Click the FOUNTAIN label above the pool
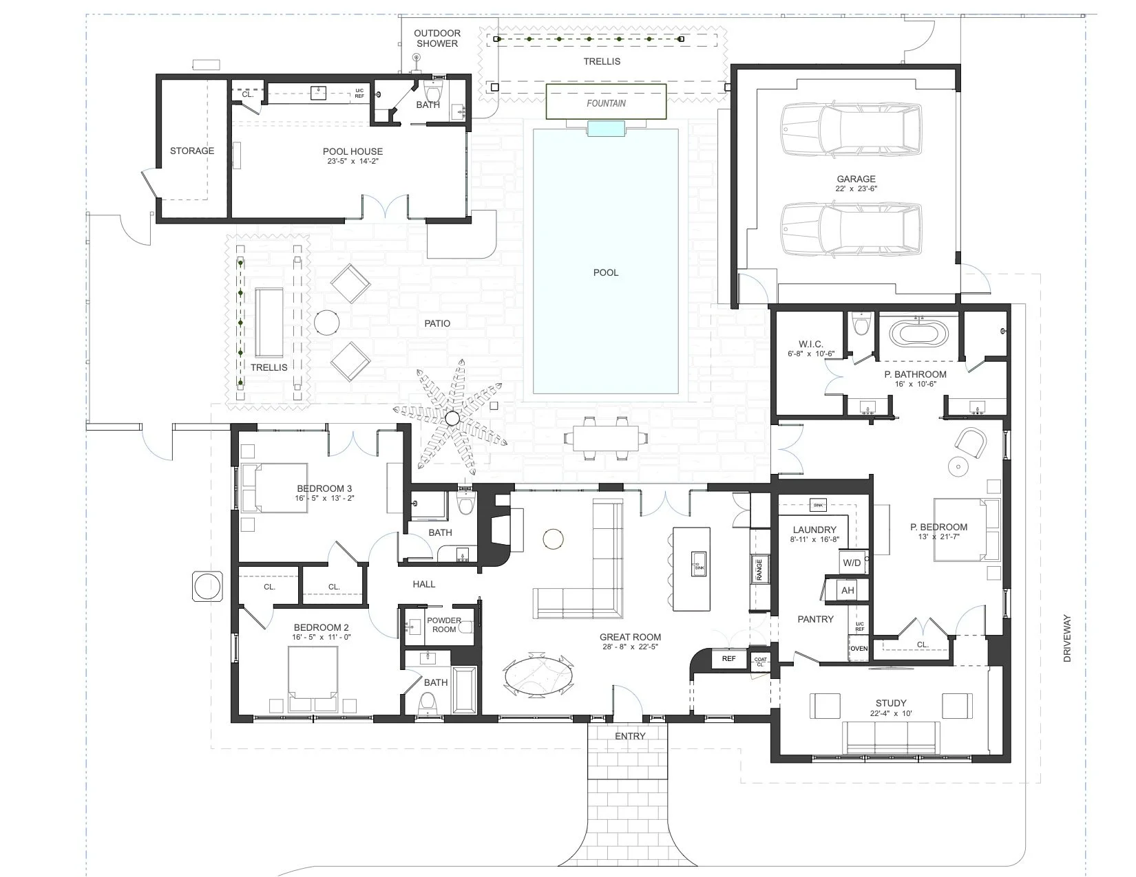point(606,103)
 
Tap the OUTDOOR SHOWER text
point(436,38)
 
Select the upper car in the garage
point(851,130)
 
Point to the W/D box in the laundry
point(852,563)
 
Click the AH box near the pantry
point(848,590)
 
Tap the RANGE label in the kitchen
point(759,570)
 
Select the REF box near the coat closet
point(728,658)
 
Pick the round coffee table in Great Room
point(554,539)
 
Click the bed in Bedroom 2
point(313,680)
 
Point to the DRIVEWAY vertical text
point(1067,638)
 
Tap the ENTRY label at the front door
point(630,736)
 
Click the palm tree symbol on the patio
point(452,418)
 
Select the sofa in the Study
point(892,739)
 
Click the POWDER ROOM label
point(444,625)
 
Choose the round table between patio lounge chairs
point(327,323)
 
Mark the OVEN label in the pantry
point(859,649)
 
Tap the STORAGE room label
point(192,151)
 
